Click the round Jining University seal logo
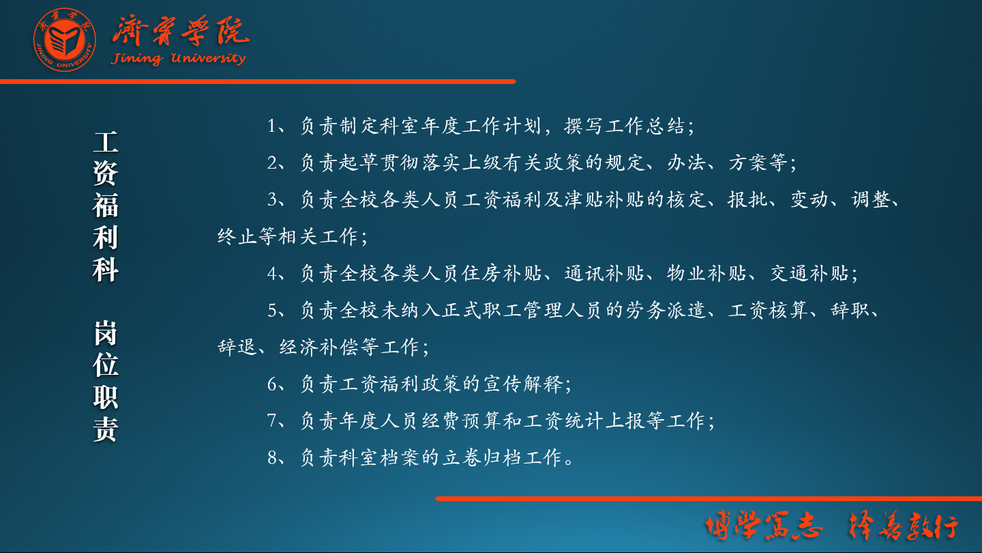[x=64, y=40]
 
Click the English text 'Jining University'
[x=178, y=59]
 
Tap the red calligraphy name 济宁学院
[x=181, y=31]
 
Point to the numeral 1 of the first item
[x=272, y=126]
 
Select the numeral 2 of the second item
[x=272, y=162]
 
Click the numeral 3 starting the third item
[x=272, y=199]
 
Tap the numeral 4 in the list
[x=272, y=273]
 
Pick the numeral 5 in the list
[x=272, y=310]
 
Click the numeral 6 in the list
[x=272, y=384]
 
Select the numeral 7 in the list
[x=272, y=421]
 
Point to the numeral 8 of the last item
[x=272, y=457]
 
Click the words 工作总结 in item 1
[x=645, y=126]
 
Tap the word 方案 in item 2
[x=747, y=162]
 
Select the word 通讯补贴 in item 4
[x=604, y=273]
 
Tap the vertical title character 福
[x=106, y=205]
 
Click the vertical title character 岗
[x=106, y=333]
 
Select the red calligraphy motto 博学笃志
[x=763, y=526]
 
